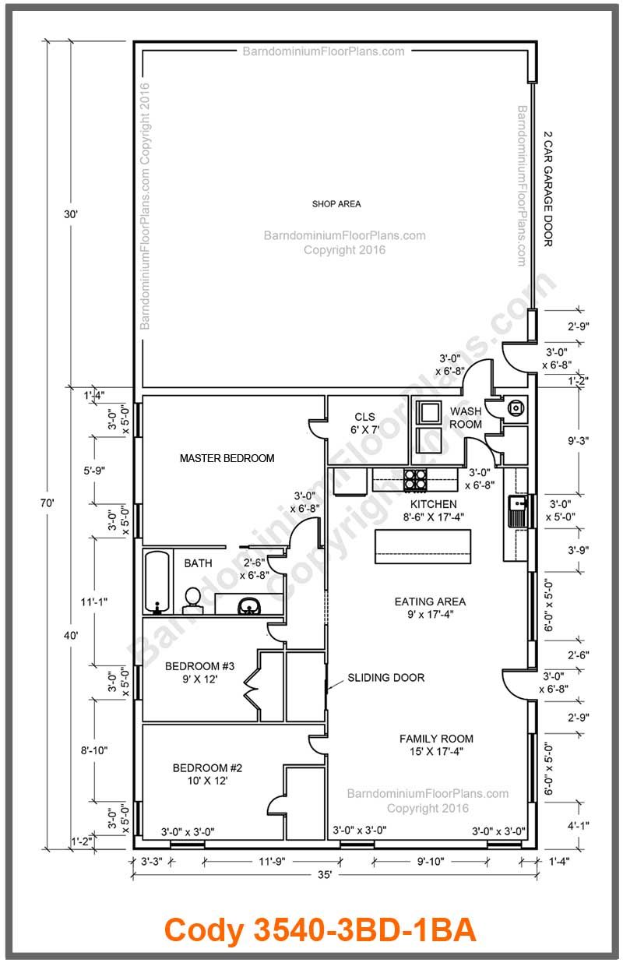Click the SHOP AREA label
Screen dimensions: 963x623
(x=336, y=204)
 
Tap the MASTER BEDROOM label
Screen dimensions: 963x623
(x=227, y=458)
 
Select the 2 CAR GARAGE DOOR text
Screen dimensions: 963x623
(x=547, y=189)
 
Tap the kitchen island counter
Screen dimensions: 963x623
(x=423, y=545)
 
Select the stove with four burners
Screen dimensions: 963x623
(x=416, y=479)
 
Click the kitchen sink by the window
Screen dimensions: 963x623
(x=517, y=511)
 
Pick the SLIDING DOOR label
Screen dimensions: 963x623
(x=386, y=678)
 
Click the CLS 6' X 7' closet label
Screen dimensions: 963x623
(x=365, y=424)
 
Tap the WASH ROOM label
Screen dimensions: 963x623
(x=466, y=417)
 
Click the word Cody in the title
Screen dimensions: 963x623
(x=204, y=929)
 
